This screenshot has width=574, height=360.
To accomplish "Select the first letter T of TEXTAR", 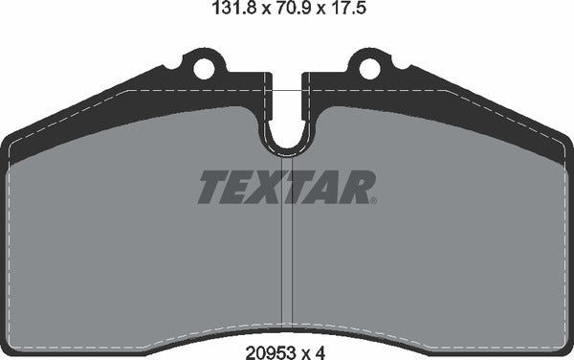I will pos(212,187).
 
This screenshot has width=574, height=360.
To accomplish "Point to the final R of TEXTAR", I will pos(354,187).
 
